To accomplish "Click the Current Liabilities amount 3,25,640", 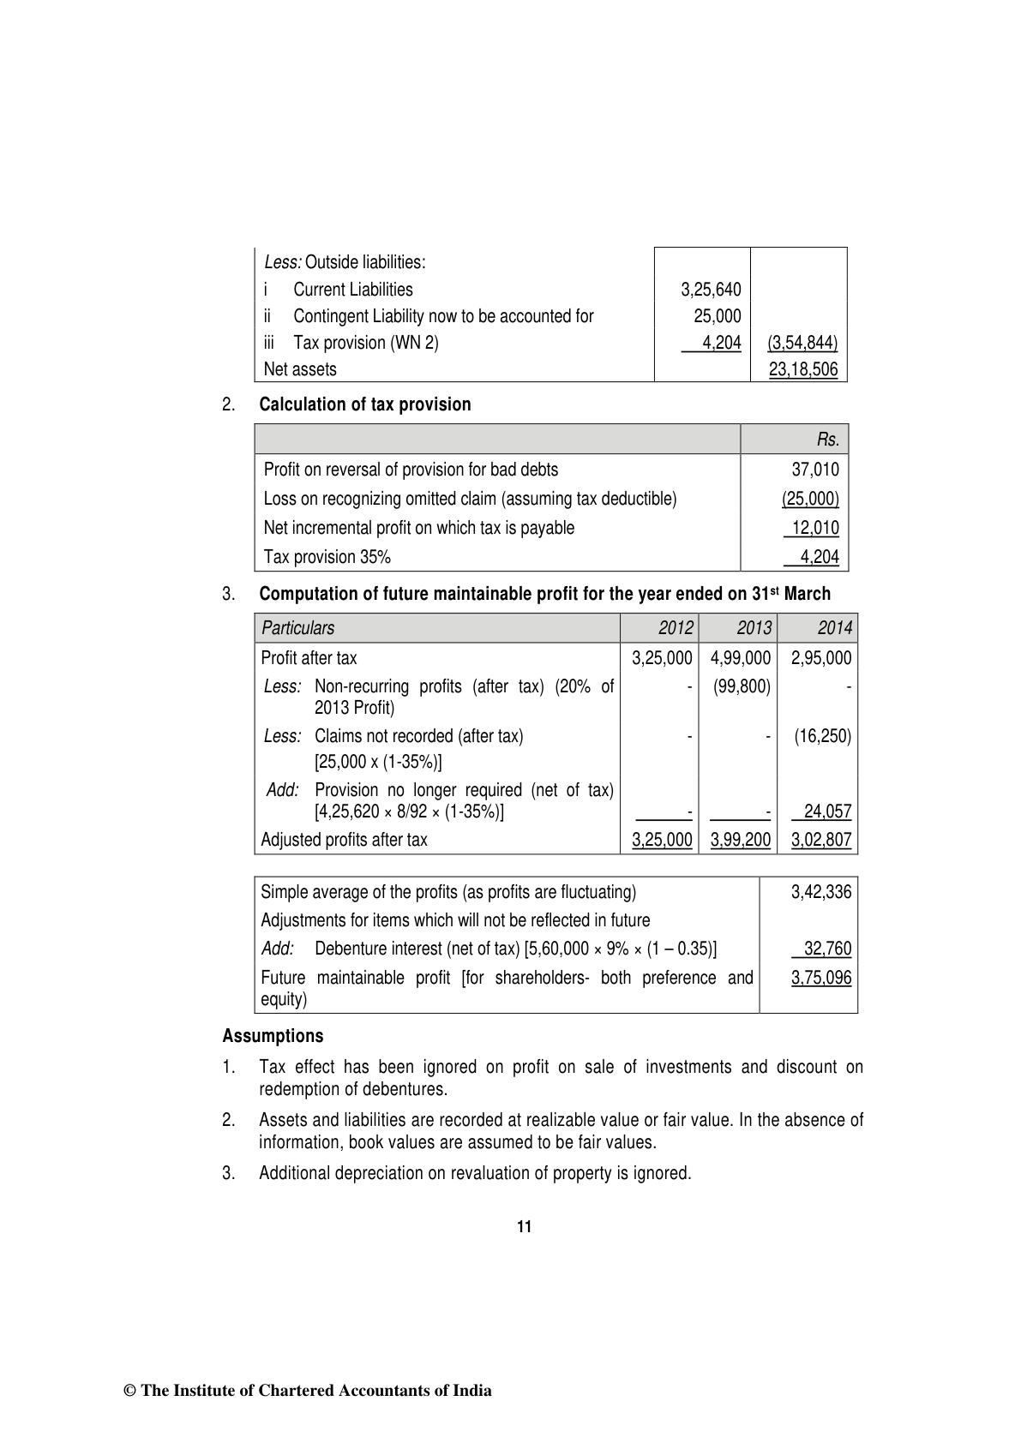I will tap(711, 290).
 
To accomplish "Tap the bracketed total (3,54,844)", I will tap(802, 343).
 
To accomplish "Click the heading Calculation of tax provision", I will tap(365, 404).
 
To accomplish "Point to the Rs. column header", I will tap(828, 440).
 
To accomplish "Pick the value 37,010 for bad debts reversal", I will tap(815, 470).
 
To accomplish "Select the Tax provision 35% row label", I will tap(327, 557).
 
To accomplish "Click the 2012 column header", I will tap(676, 628).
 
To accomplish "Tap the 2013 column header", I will tap(754, 628).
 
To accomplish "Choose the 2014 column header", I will tap(834, 628).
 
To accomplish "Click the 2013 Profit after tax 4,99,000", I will tap(741, 658).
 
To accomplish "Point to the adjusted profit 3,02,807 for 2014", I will tap(820, 840).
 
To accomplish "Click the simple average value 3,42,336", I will tap(821, 892).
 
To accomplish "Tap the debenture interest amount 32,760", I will tap(827, 949).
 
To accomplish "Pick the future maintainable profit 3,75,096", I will tap(821, 978).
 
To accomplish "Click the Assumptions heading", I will tap(273, 1036).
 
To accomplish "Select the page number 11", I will tap(525, 1226).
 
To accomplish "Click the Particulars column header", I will tap(298, 628).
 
